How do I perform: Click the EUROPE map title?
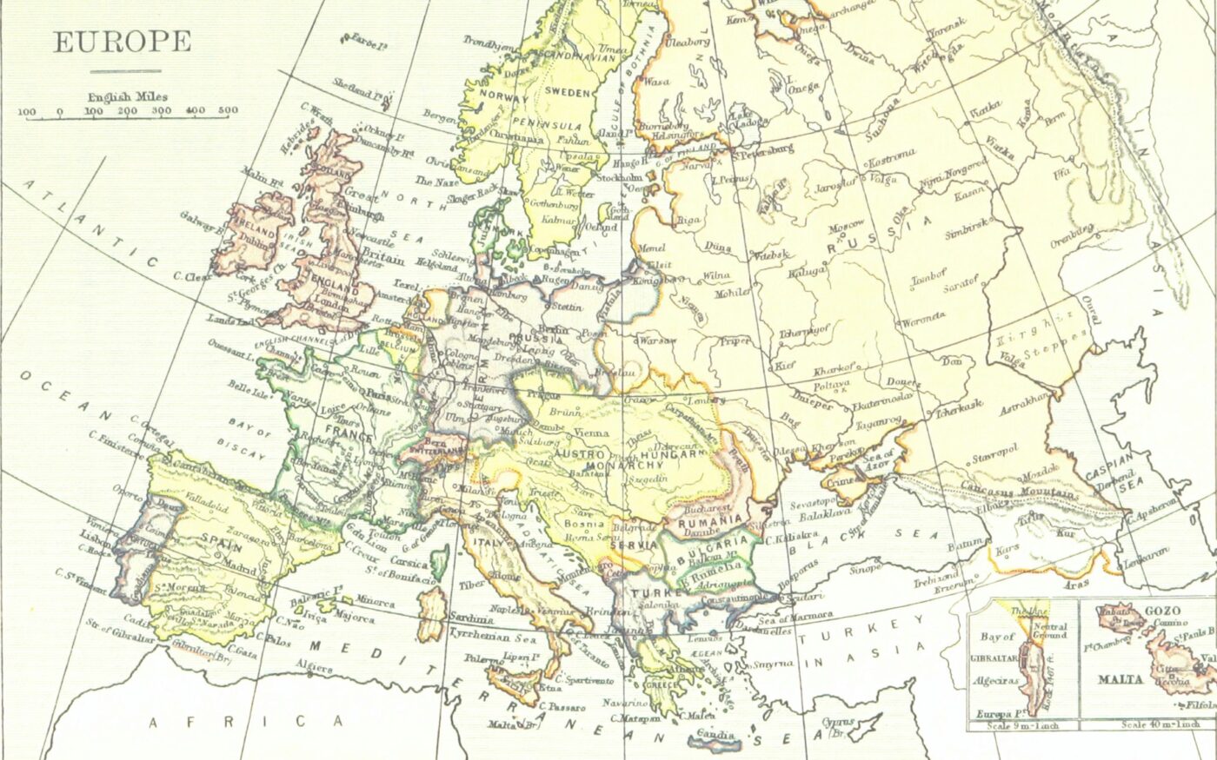(122, 42)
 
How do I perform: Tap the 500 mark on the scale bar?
(228, 111)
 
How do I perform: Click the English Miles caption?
(127, 97)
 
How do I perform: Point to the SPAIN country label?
(221, 539)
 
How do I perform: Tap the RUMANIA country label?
(711, 519)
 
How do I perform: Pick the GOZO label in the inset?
(1161, 611)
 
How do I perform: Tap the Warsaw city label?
(658, 340)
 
